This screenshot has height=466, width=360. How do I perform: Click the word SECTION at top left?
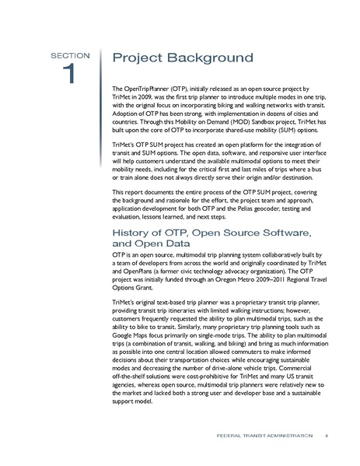point(71,55)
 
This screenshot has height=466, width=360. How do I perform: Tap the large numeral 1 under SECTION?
point(69,75)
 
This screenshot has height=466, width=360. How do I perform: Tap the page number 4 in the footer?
point(327,435)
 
